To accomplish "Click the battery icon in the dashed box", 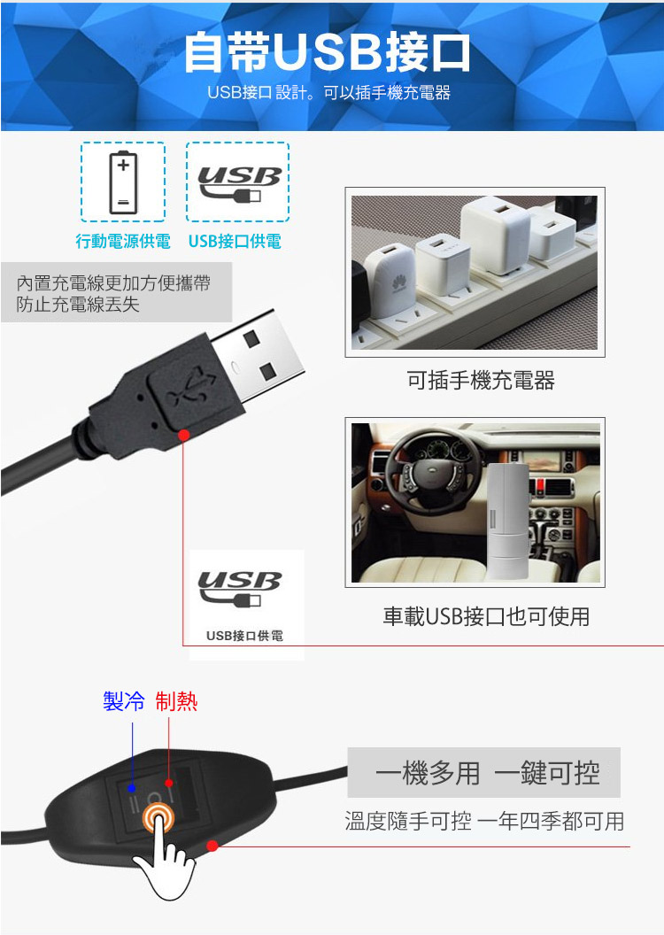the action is coord(123,182).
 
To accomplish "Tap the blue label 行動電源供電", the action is coord(123,241).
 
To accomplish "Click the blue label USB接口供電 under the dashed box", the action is coord(235,241).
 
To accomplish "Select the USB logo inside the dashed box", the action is coord(238,183).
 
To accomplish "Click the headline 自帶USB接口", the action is coord(327,53).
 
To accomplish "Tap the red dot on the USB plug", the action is coord(184,436).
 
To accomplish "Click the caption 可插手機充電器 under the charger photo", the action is coord(481,380).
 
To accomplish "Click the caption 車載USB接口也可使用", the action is coord(486,616).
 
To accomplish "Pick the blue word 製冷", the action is coord(123,700).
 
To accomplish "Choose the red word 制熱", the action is coord(176,700).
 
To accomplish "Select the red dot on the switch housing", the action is coord(212,846).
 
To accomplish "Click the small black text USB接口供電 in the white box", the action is coord(244,636).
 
